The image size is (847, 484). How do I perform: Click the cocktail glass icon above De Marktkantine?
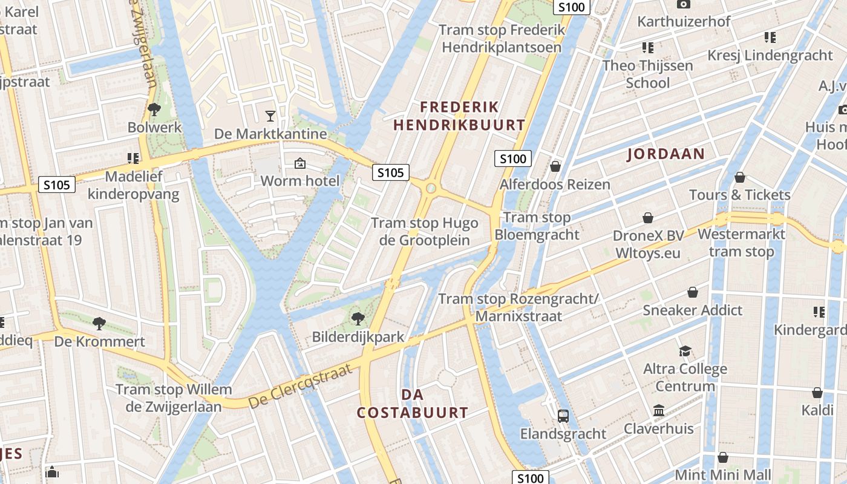[x=270, y=116]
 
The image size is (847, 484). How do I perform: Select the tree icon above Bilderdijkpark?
[x=358, y=318]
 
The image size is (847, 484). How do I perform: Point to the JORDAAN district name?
[x=665, y=154]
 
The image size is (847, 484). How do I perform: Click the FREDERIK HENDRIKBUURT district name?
[x=459, y=116]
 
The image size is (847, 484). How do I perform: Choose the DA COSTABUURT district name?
[x=412, y=404]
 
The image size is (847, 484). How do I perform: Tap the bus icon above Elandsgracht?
[x=563, y=416]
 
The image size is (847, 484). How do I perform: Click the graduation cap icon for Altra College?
[x=685, y=351]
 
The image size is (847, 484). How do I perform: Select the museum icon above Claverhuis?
[x=659, y=410]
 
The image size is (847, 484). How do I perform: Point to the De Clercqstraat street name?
[x=300, y=386]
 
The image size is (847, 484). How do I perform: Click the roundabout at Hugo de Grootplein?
[x=431, y=188]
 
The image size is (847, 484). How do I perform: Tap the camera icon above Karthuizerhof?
[x=684, y=4]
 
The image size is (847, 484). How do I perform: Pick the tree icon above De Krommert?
[x=99, y=323]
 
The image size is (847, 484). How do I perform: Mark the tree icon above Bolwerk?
[x=154, y=110]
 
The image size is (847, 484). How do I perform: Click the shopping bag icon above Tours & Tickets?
[x=739, y=177]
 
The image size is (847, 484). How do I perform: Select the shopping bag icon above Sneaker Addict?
[x=692, y=293]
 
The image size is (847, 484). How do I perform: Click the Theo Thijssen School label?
[x=647, y=74]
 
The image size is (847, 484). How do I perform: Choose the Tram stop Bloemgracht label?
[x=537, y=226]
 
